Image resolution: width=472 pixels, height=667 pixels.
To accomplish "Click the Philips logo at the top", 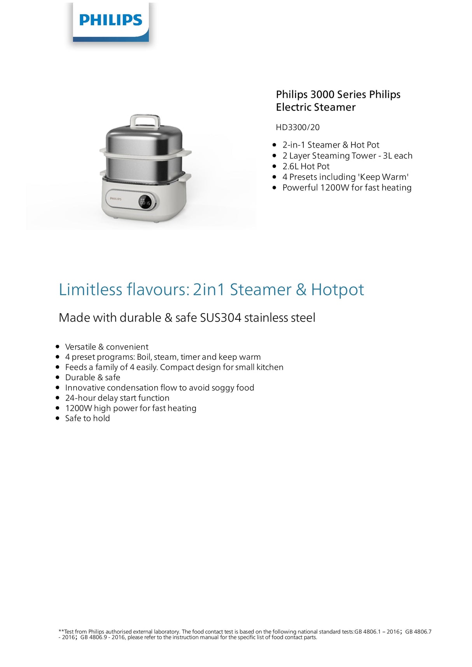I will point(111,20).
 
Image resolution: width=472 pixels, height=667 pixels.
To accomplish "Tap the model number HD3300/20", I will point(297,127).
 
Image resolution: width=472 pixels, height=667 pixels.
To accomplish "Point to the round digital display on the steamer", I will point(145,202).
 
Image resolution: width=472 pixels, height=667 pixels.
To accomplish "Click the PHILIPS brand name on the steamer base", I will point(116,199).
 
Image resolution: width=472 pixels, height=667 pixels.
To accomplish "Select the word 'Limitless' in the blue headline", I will point(90,290).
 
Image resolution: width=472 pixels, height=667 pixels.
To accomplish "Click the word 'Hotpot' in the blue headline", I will point(337,290).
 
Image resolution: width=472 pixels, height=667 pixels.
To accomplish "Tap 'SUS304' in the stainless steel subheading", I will point(220,318).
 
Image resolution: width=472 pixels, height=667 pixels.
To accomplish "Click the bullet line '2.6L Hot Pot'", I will point(306,166).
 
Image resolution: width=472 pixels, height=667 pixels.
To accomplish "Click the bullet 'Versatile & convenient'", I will point(107,347).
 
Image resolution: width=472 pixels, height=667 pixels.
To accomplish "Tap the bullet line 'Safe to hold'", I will point(87,418).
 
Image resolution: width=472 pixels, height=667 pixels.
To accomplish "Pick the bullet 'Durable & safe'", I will point(93,377).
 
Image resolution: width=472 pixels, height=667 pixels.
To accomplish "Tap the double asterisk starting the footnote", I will point(61,631).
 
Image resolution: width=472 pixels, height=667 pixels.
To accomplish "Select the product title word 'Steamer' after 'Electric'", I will point(336,107).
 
